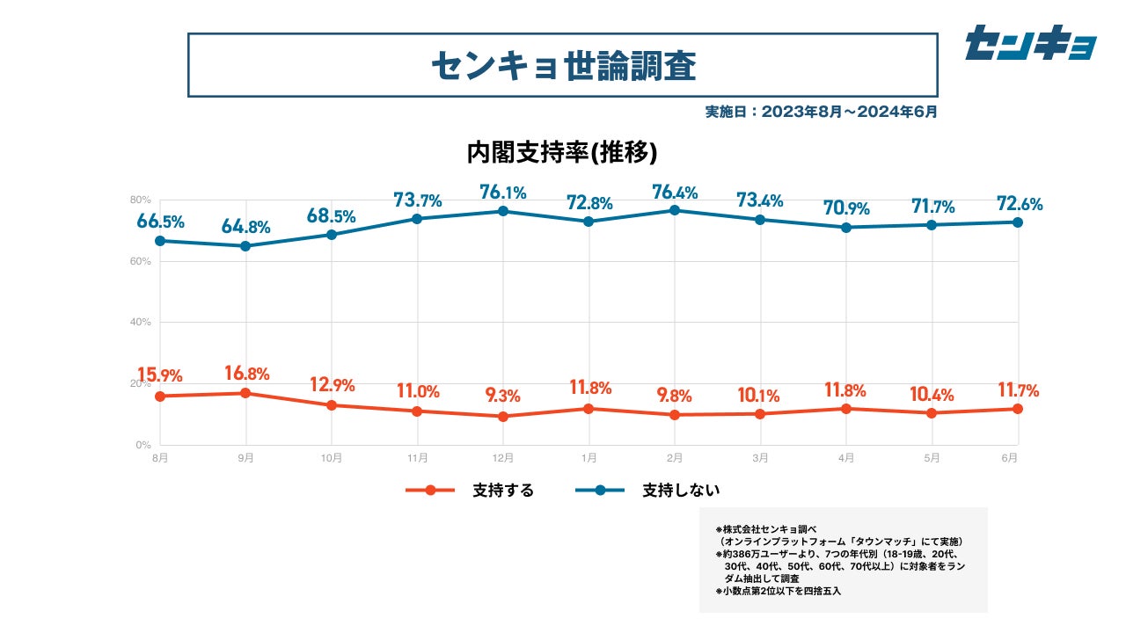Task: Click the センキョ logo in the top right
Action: point(1030,42)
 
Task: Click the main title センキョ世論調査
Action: point(563,65)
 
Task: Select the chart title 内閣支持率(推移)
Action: point(563,153)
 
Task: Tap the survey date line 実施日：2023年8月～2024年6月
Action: point(821,112)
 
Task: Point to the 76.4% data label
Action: point(675,191)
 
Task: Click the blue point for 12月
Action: point(503,211)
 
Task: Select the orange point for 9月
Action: point(245,393)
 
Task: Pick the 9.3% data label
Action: point(503,395)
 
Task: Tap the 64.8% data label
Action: point(245,226)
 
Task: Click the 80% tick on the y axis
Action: point(141,200)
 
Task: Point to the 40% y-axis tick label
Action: point(141,322)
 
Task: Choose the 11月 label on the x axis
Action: point(417,458)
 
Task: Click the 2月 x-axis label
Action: point(675,458)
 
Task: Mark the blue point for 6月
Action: point(1018,222)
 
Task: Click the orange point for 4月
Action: point(846,409)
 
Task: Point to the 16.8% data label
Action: point(245,373)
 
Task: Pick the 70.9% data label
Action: point(846,208)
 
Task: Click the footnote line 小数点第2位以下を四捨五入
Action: point(779,591)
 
